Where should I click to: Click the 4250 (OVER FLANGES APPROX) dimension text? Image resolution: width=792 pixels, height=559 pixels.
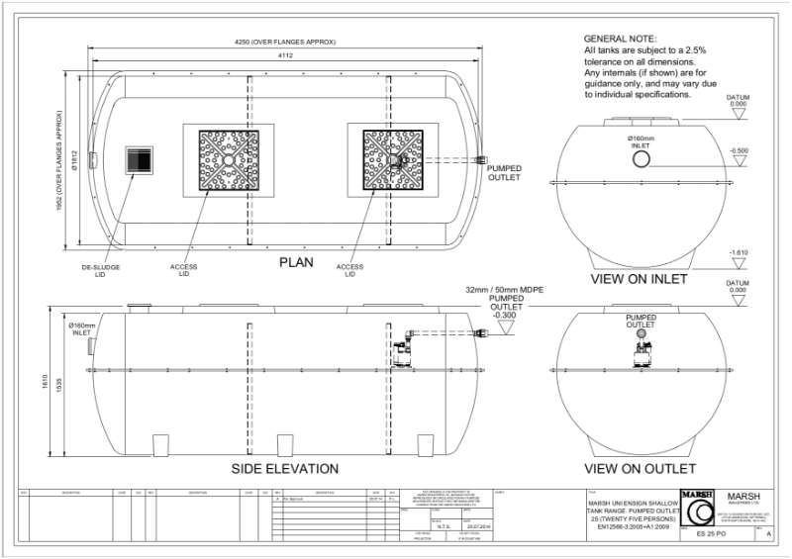(x=288, y=42)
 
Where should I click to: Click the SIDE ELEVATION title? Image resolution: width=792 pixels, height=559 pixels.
(x=285, y=468)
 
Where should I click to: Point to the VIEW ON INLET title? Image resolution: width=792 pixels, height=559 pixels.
(x=639, y=279)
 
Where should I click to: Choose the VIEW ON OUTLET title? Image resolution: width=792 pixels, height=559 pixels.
(x=641, y=468)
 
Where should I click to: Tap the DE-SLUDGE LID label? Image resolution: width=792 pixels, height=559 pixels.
(x=100, y=270)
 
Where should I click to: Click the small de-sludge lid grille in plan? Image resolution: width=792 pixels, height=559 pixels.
(x=139, y=160)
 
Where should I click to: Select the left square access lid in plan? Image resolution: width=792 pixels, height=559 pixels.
(x=229, y=160)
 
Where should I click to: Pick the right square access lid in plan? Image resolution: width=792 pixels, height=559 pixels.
(x=392, y=160)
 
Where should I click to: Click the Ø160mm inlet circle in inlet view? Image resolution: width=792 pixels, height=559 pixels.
(x=642, y=159)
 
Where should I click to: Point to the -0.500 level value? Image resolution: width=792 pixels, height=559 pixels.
(x=739, y=150)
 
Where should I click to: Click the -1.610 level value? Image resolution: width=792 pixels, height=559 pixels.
(x=739, y=252)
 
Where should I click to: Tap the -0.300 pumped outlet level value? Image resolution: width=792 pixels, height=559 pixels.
(x=505, y=317)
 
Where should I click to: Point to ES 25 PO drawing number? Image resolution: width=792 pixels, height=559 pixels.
(x=712, y=534)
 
